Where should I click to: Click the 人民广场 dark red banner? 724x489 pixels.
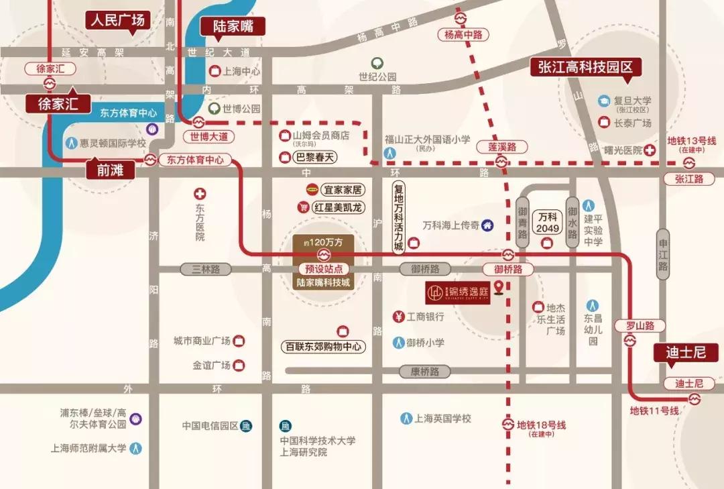pos(118,20)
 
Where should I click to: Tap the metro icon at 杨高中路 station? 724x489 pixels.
pos(461,18)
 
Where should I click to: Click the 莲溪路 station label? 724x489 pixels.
pos(501,147)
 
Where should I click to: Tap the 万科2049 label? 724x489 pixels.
pos(548,223)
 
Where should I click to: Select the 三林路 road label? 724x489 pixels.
pos(206,269)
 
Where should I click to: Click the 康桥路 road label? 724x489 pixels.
pos(424,371)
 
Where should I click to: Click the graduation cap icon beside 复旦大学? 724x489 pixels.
pos(604,101)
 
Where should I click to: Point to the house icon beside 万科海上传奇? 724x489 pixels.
pos(487,225)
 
